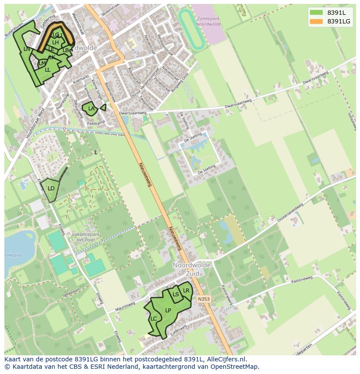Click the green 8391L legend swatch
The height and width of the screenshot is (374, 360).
coord(316,13)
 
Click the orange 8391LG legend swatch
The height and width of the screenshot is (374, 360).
coord(316,21)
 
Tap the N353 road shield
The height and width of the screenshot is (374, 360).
coord(203,299)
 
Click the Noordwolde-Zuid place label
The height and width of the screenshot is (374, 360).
coord(192,269)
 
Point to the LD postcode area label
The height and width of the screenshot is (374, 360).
coord(51,189)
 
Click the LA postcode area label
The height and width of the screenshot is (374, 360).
coord(91,108)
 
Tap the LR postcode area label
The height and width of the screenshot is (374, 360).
coord(186,291)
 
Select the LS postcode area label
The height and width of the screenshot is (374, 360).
coord(176,295)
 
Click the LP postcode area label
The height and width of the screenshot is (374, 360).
coord(168,310)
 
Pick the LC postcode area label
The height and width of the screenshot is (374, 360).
coord(153,318)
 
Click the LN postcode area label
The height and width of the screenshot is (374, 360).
coord(27,49)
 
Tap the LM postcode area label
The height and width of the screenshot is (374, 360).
coord(42,63)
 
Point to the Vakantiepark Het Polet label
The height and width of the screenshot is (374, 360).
coord(85,237)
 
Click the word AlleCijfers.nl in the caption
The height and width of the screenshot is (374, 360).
coord(226,359)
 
